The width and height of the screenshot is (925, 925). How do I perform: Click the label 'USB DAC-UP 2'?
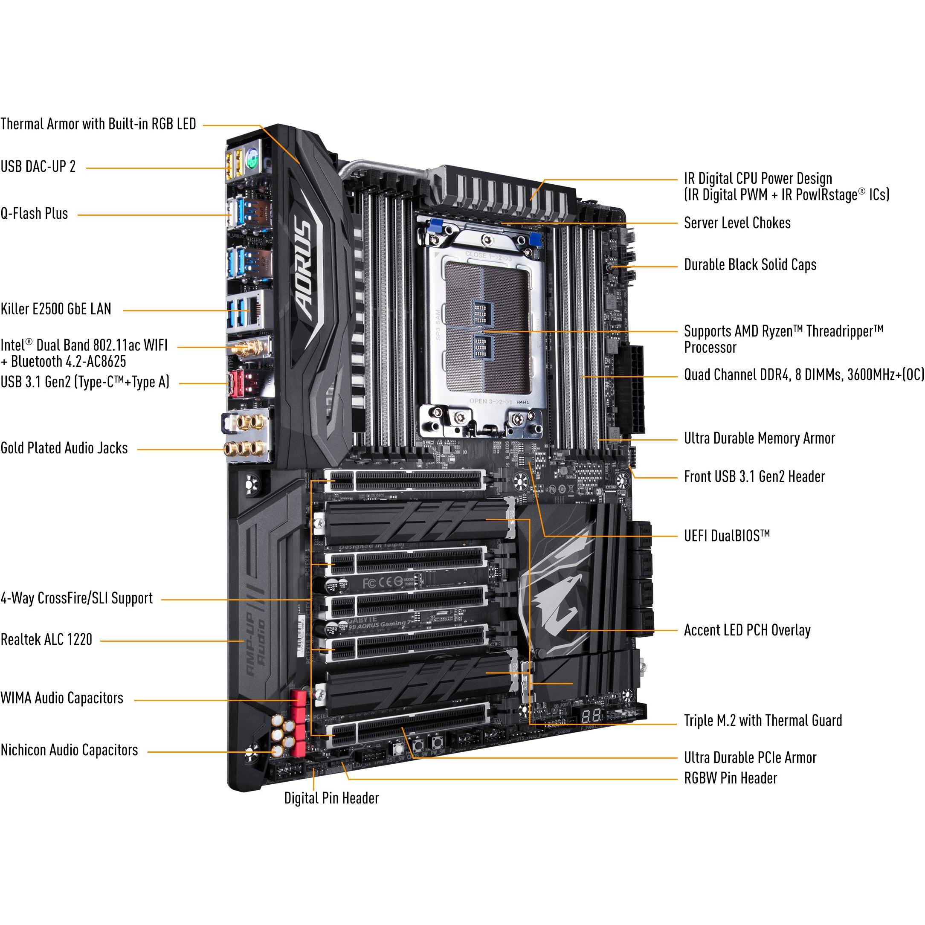pos(38,167)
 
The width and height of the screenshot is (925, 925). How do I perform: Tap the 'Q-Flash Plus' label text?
pos(34,214)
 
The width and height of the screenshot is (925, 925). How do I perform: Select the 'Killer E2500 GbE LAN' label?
pos(55,309)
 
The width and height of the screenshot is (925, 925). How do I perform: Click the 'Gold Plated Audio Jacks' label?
pos(64,448)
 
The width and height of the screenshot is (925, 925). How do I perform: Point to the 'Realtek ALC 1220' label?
pos(46,640)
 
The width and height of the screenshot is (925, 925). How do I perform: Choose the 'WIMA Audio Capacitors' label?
pos(62,698)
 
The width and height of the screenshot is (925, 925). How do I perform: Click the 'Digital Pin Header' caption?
pos(331,798)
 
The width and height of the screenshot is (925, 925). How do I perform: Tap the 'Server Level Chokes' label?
pos(737,223)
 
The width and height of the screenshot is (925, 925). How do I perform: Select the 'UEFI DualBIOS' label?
pos(726,536)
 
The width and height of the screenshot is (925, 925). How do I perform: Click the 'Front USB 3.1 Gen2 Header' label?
pos(754,477)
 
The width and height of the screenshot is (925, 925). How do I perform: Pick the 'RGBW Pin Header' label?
pos(730,778)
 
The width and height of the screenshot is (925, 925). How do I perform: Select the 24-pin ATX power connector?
pos(631,388)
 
